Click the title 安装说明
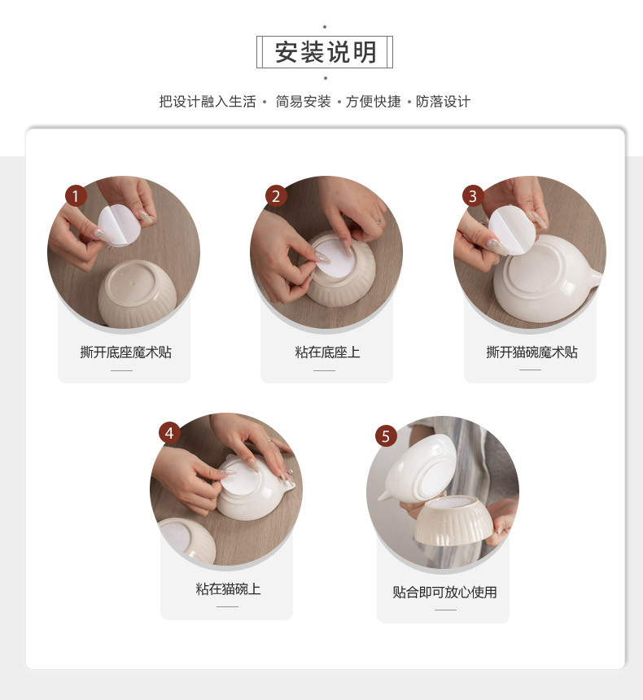tap(325, 52)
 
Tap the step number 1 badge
tap(76, 196)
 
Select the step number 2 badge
tap(275, 196)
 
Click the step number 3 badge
tap(472, 196)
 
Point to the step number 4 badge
tap(169, 433)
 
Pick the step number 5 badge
tap(386, 436)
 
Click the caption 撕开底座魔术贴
tap(125, 352)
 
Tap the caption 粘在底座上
tap(327, 352)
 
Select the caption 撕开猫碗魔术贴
tap(531, 352)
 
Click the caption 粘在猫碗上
tap(228, 588)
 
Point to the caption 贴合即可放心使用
tap(444, 592)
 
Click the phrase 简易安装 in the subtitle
tap(304, 102)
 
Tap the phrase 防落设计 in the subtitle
tap(443, 102)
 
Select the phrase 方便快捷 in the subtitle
tap(374, 102)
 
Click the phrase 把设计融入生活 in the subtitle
tap(208, 102)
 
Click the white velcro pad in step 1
tap(118, 225)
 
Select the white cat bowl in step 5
tap(420, 469)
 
